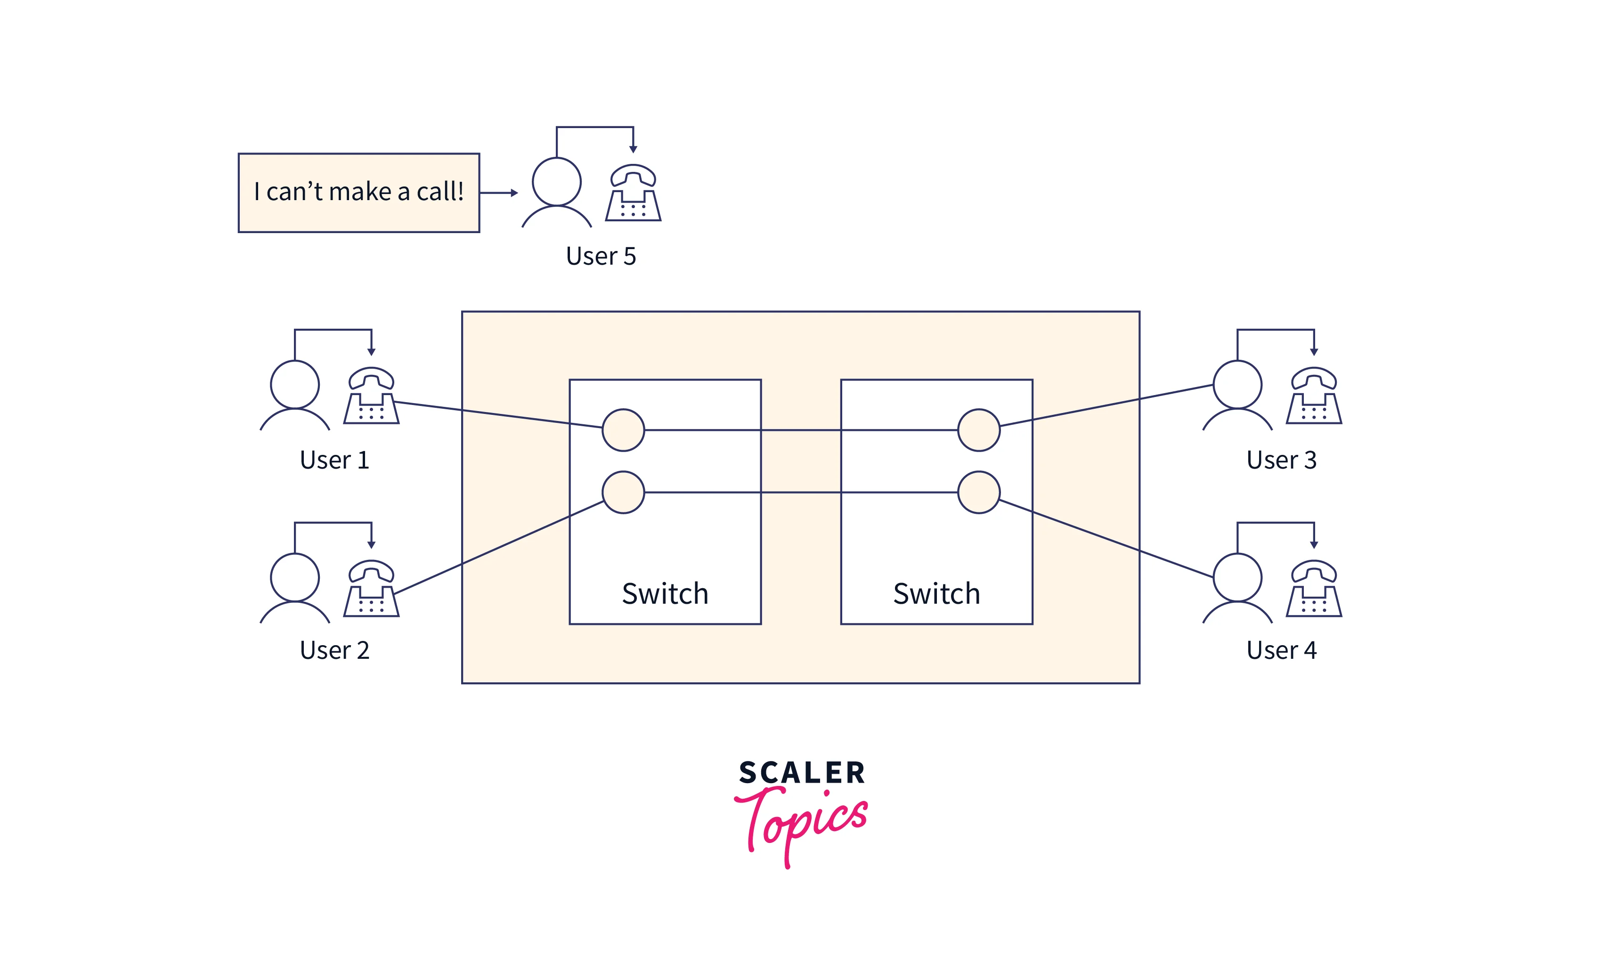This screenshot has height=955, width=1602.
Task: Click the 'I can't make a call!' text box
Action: [x=358, y=193]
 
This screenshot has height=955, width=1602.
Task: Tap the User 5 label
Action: [x=601, y=256]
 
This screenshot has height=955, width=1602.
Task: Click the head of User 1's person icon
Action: [x=295, y=384]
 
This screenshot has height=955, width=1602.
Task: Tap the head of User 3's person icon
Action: [x=1237, y=384]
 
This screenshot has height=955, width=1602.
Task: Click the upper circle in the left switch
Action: [x=623, y=430]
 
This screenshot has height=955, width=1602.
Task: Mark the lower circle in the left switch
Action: [x=623, y=492]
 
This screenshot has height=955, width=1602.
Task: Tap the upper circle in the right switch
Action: [x=978, y=430]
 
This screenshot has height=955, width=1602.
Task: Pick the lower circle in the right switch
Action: [x=978, y=492]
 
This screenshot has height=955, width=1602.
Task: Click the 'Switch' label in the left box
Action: [x=665, y=593]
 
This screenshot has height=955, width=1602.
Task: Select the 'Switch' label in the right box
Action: [x=936, y=593]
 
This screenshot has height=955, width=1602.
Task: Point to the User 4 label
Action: [x=1282, y=650]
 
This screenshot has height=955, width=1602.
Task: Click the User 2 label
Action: [x=335, y=650]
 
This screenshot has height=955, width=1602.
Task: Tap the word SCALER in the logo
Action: [x=802, y=773]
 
